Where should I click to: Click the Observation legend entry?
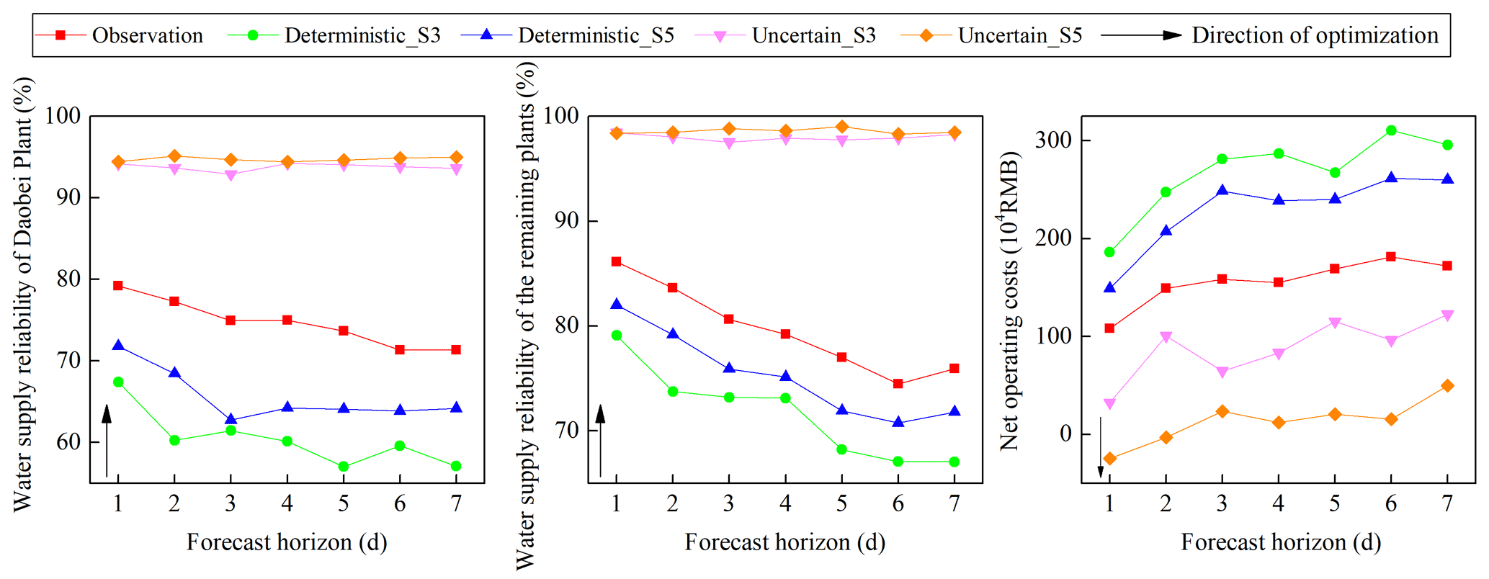point(120,35)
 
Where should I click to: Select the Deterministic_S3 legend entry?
point(334,35)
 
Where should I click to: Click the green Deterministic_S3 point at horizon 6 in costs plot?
point(1391,130)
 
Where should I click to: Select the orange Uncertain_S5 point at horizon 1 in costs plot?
point(1109,458)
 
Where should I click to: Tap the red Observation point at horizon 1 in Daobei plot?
point(118,286)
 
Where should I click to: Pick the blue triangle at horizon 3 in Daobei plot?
point(231,419)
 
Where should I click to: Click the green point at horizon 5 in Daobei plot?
point(344,467)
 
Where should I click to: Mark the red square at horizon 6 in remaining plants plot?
point(898,384)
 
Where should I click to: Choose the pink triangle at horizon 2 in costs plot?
point(1166,337)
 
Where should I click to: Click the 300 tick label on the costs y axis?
point(1052,140)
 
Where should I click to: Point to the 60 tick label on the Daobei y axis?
point(68,441)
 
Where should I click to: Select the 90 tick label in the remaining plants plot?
point(566,220)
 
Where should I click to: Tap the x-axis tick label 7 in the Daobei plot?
point(456,503)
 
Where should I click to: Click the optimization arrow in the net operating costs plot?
point(1101,447)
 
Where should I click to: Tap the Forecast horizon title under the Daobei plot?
point(287,542)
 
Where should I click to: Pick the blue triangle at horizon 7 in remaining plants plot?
point(954,411)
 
